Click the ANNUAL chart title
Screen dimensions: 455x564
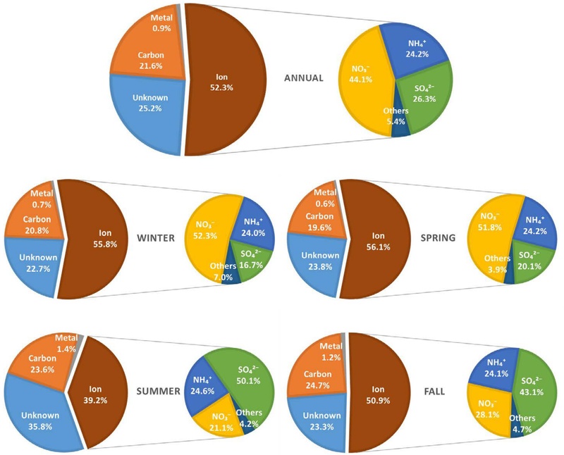[x=303, y=77]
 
